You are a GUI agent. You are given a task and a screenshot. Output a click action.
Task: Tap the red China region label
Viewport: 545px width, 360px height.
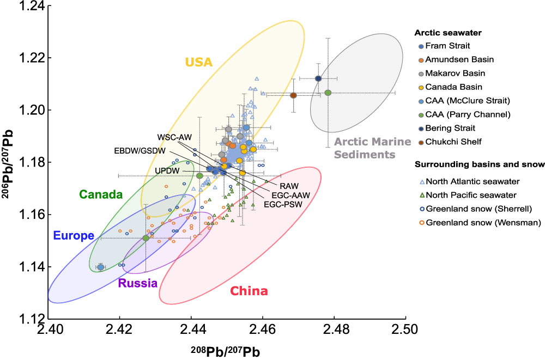coord(249,291)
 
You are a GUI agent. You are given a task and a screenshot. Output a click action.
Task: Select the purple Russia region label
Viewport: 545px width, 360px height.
coord(138,283)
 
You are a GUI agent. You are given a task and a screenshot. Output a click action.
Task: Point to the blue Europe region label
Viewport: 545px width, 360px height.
coord(74,236)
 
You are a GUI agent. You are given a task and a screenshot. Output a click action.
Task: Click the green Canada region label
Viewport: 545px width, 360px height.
coord(101,194)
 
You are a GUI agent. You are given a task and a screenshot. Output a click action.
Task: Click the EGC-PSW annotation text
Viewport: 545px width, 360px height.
coord(282,204)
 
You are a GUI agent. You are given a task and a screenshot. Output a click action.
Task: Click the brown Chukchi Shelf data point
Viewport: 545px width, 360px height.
coord(293,95)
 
